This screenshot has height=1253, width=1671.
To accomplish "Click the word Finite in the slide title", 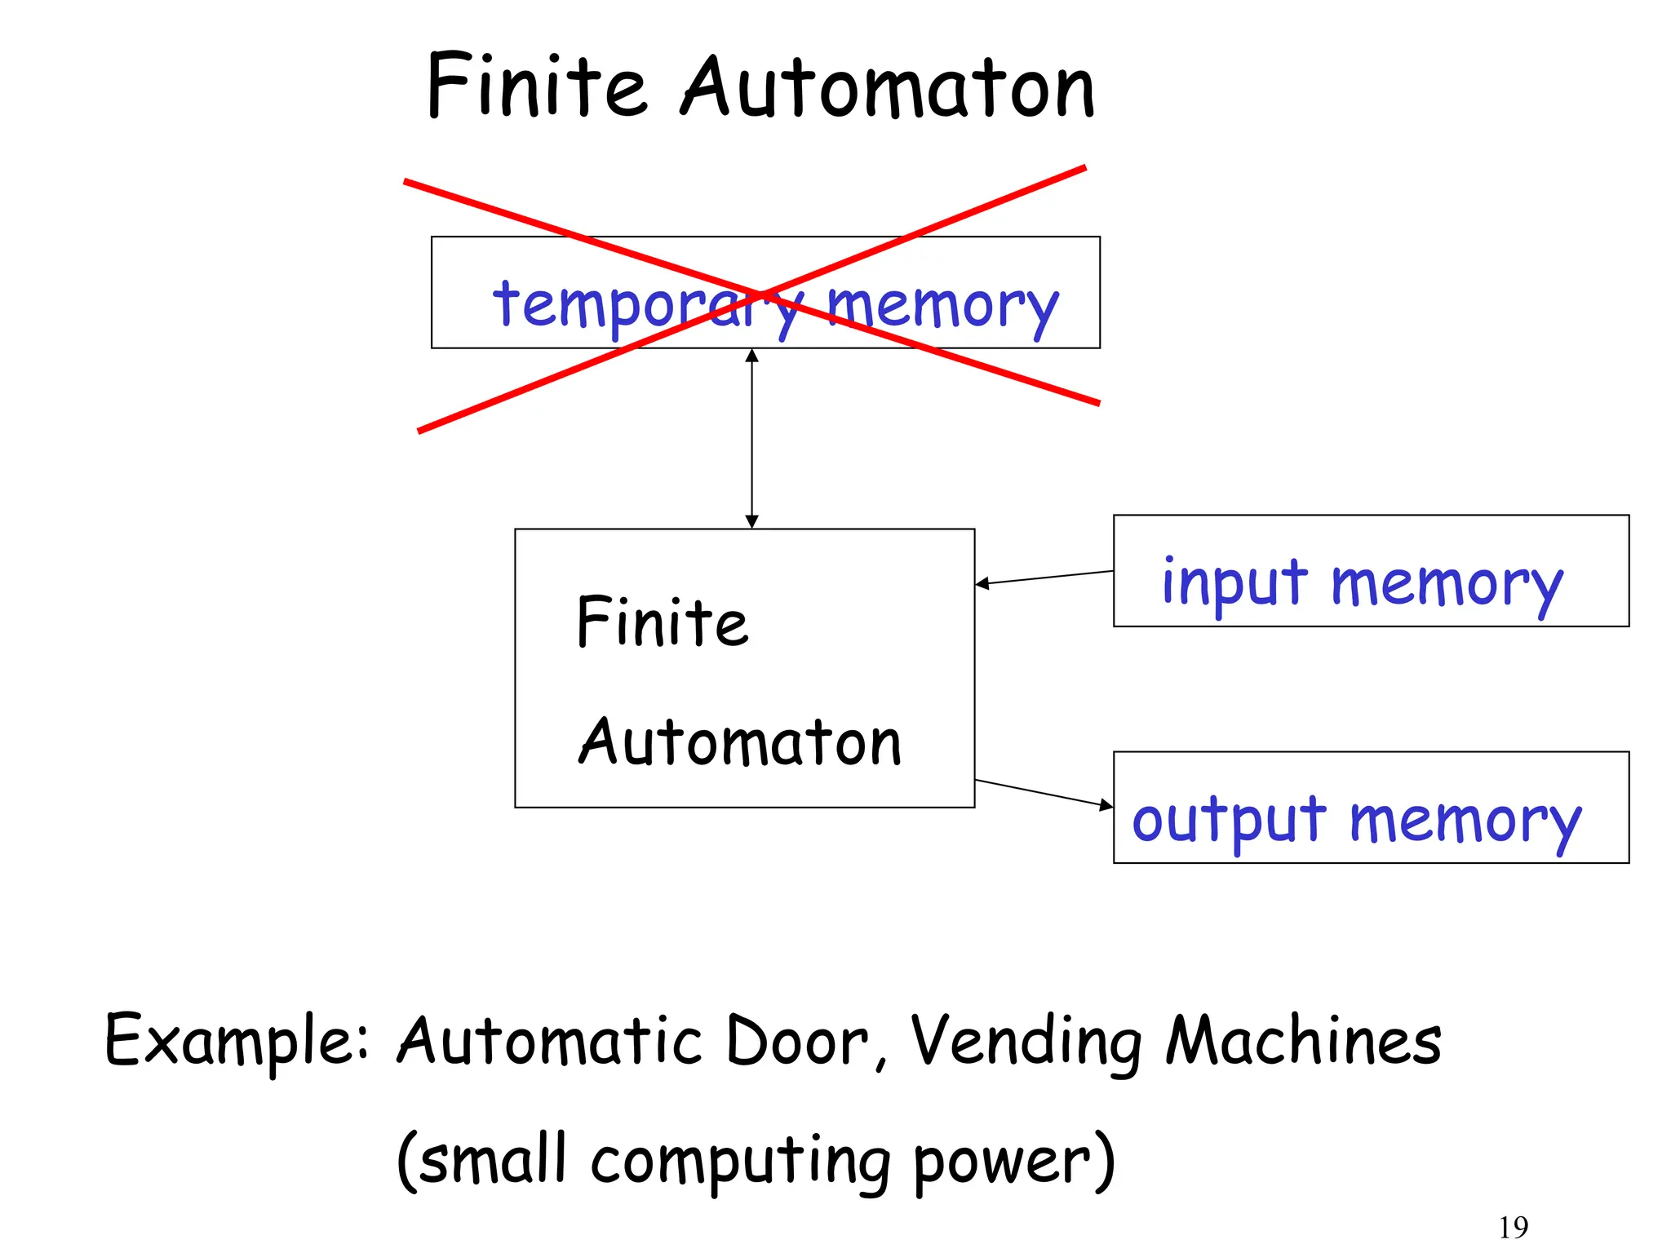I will click(x=536, y=88).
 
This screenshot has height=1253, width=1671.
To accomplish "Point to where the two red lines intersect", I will click(x=761, y=294).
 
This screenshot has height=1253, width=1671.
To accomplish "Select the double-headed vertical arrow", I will click(x=752, y=439).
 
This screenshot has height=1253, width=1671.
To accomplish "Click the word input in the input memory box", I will click(x=1234, y=583).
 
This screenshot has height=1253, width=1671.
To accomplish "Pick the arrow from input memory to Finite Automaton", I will click(x=1044, y=577).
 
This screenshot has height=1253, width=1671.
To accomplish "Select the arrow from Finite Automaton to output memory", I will click(x=1044, y=794).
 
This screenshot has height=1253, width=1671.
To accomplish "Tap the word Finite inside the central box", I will click(x=662, y=623).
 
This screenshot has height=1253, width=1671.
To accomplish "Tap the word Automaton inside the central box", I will click(x=740, y=742).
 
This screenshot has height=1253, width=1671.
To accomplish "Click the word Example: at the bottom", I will click(x=237, y=1042).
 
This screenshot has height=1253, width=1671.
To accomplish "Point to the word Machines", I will click(x=1303, y=1042).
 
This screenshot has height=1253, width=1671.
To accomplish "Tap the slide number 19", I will click(x=1513, y=1227).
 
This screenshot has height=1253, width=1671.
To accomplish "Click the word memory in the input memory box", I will click(x=1447, y=585).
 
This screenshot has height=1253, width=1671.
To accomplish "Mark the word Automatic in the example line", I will click(x=549, y=1042).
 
